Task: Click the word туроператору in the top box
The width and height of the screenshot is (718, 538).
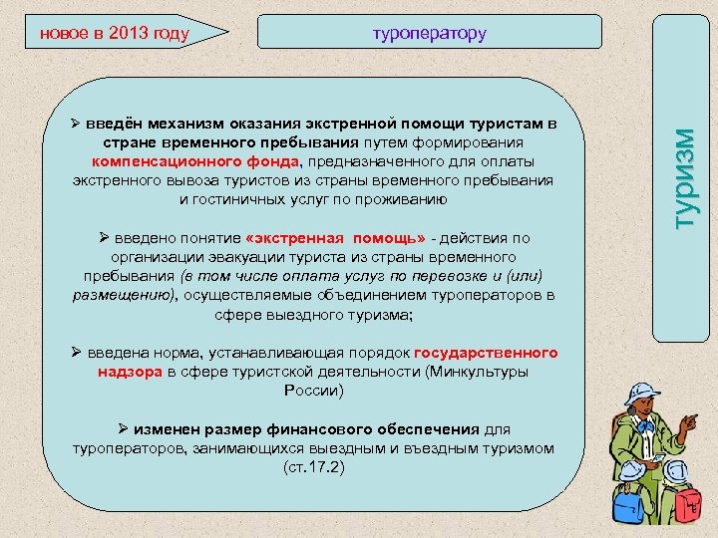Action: pos(429,33)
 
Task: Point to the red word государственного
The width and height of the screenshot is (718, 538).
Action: pos(486,353)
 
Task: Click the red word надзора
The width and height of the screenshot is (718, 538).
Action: pos(131,372)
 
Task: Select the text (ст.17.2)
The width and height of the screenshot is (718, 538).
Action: pos(313,466)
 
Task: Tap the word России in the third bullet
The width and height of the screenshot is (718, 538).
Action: pos(313,391)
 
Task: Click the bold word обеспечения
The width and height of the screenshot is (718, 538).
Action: pos(428,429)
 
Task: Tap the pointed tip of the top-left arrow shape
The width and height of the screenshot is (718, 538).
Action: pos(228,33)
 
